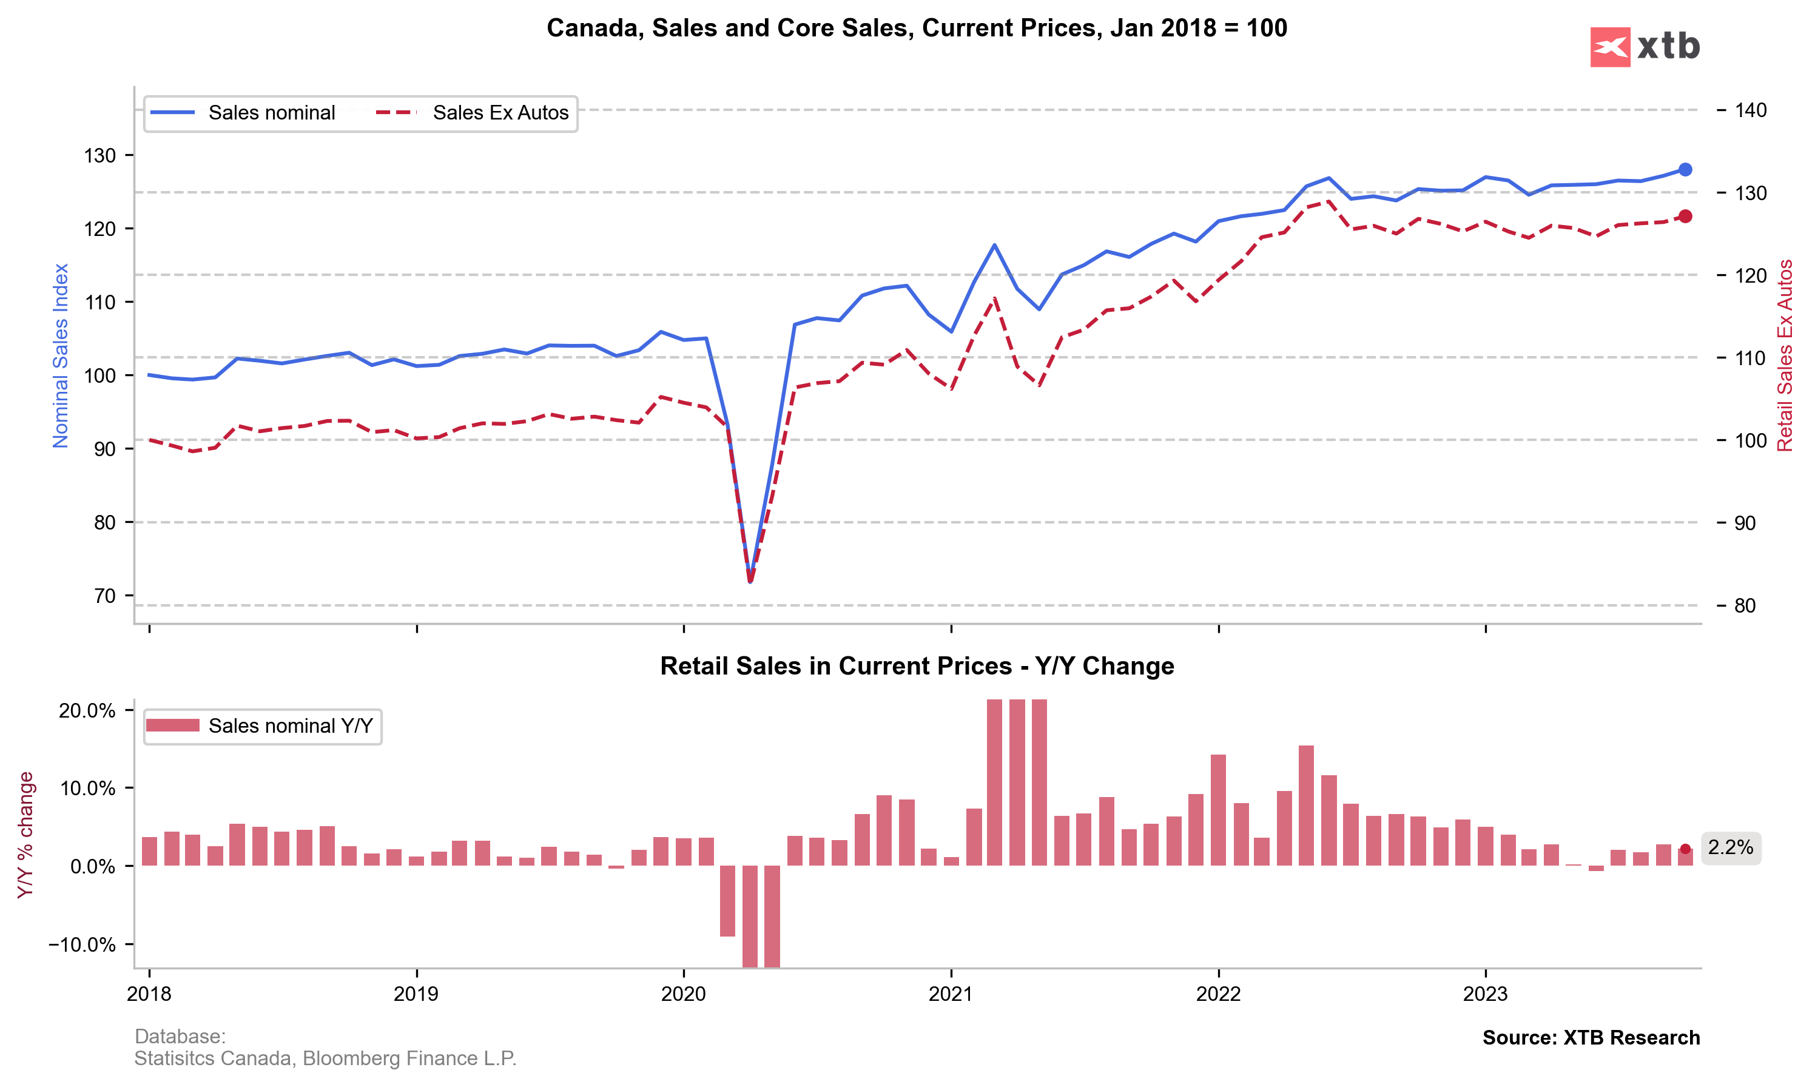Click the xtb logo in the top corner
point(1645,47)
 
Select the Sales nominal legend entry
point(241,113)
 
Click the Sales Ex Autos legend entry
point(473,113)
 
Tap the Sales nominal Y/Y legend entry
point(260,726)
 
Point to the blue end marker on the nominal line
point(1685,170)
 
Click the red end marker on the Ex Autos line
point(1685,216)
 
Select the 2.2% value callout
point(1730,847)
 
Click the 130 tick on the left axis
point(99,155)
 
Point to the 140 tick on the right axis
point(1751,110)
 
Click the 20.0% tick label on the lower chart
point(87,710)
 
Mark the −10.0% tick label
point(82,945)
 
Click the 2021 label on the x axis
point(950,994)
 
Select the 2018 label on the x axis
point(149,994)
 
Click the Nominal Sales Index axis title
point(60,355)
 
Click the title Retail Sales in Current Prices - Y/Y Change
point(917,666)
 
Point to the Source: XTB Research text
point(1591,1038)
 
